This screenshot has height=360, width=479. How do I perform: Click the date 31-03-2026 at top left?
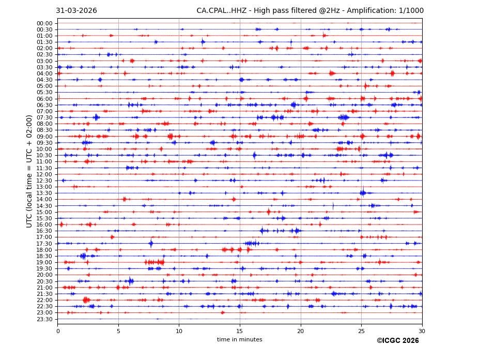[x=76, y=11]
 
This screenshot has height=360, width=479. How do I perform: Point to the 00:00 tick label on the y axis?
[x=44, y=23]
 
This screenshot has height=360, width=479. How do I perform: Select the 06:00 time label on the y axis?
[x=44, y=99]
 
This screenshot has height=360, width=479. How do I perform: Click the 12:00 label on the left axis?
[x=44, y=174]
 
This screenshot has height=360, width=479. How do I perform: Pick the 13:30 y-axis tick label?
[x=44, y=193]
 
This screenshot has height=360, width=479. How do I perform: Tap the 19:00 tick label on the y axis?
[x=44, y=262]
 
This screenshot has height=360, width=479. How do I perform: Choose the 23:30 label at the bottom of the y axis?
[x=44, y=319]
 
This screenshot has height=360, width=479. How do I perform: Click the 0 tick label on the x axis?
[x=58, y=331]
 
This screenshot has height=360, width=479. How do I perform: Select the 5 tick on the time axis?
[x=118, y=331]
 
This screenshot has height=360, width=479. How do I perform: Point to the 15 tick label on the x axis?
[x=240, y=331]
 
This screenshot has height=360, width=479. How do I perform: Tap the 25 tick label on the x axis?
[x=361, y=331]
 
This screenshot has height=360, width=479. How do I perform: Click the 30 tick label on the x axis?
[x=422, y=331]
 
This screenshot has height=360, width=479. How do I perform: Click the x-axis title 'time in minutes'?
[x=239, y=340]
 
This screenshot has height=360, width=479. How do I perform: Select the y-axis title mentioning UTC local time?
[x=29, y=171]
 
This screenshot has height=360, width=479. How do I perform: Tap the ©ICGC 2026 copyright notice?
[x=397, y=341]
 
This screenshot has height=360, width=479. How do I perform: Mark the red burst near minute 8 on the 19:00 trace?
[x=154, y=262]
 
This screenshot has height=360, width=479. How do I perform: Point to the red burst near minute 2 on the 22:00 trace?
[x=86, y=300]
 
